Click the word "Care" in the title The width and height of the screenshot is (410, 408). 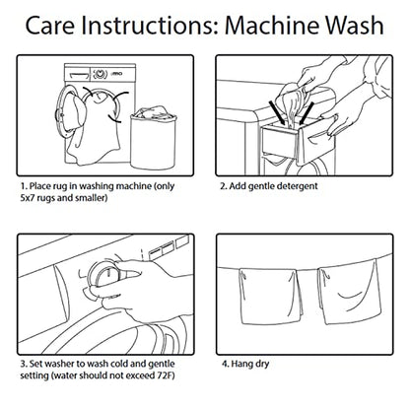coord(49,25)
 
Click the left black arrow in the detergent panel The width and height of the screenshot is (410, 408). coord(278,112)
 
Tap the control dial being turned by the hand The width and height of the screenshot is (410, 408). coord(102,277)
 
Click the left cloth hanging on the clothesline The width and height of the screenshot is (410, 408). coord(271,296)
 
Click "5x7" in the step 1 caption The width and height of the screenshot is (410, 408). coord(27,198)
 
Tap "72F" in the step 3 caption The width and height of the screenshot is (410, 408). coord(165,375)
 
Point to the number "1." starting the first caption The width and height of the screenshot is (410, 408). coord(24,186)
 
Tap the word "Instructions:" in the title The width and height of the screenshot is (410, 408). coord(149,25)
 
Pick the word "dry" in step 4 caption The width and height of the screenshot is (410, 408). coord(262,365)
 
